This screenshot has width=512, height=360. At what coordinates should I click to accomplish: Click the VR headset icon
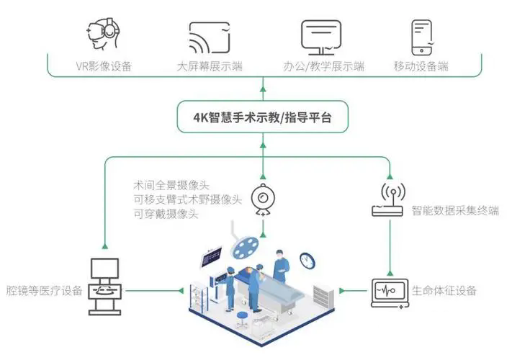tap(103, 34)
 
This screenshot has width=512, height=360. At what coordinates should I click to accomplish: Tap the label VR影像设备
tap(104, 66)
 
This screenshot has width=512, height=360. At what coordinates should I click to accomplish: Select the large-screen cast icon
tap(210, 37)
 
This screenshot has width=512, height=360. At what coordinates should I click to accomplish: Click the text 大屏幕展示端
tap(210, 66)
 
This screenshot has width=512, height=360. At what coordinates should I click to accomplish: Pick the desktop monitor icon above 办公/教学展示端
tap(321, 37)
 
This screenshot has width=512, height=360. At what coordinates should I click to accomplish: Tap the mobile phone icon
tap(422, 37)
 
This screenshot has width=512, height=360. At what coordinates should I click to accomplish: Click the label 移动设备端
tap(421, 66)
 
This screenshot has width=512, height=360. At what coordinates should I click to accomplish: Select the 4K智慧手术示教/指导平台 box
tap(263, 117)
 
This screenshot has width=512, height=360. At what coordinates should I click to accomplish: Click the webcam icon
tap(263, 199)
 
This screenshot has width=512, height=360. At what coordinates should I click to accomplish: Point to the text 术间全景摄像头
tap(171, 185)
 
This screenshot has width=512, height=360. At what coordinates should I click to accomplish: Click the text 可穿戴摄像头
tap(166, 214)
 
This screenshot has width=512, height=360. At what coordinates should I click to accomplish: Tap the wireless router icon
tap(390, 199)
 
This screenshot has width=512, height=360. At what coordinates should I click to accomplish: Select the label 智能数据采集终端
tap(455, 210)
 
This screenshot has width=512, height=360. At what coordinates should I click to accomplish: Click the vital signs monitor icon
tap(390, 293)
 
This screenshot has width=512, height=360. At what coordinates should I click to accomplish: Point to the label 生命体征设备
tap(444, 290)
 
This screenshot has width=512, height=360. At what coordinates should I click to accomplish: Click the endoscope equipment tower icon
tap(105, 287)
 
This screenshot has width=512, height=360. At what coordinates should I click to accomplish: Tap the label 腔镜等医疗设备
tap(44, 290)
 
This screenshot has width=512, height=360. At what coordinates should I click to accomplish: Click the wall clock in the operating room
tap(307, 261)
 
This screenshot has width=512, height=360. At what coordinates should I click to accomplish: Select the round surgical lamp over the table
tap(245, 246)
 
